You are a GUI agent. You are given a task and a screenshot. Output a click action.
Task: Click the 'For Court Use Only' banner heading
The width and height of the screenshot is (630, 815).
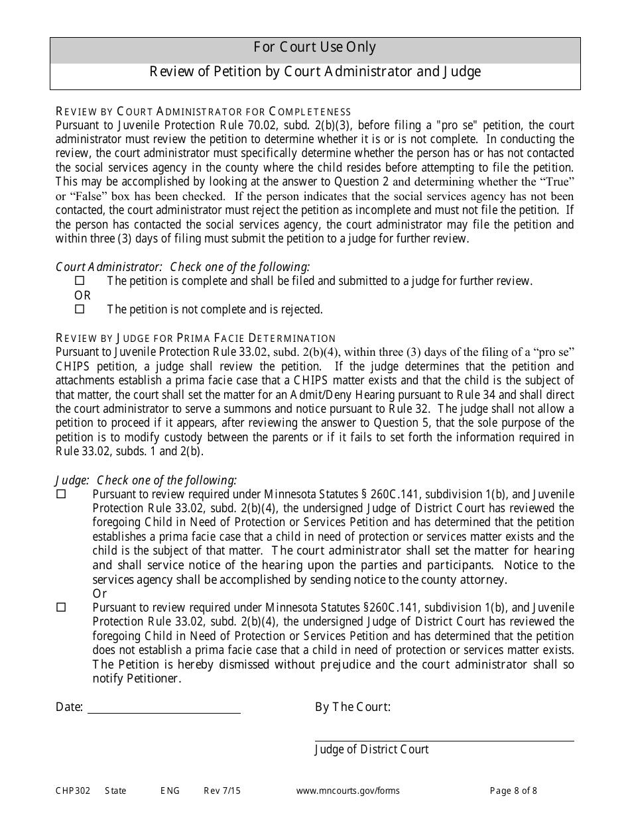click(x=315, y=48)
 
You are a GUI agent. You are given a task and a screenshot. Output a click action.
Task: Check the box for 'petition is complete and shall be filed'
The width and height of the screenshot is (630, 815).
click(x=80, y=281)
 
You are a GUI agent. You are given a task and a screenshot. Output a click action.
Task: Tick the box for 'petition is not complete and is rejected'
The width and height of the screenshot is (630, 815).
click(x=80, y=309)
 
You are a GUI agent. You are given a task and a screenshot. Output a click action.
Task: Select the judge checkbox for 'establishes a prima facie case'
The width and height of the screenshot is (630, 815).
click(x=62, y=494)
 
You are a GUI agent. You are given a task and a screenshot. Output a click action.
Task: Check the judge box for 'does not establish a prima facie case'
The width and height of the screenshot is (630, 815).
click(x=62, y=608)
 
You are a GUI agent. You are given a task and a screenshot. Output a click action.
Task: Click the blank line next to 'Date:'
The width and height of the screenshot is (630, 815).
click(x=164, y=709)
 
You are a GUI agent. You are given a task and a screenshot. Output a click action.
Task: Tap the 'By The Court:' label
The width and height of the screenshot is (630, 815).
click(x=352, y=707)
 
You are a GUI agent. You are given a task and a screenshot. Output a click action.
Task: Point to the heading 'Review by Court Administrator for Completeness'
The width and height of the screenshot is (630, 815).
click(x=203, y=111)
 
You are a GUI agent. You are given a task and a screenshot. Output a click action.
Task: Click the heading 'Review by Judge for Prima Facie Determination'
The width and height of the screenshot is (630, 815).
click(x=196, y=339)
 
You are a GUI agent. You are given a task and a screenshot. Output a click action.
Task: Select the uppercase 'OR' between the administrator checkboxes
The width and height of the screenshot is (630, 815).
click(x=82, y=296)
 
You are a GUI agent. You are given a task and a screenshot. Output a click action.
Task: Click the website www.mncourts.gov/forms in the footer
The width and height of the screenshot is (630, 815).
click(x=347, y=790)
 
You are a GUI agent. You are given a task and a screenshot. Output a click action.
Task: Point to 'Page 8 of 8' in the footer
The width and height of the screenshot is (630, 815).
click(x=513, y=790)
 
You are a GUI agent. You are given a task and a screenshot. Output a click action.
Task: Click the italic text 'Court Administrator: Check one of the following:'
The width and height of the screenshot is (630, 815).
click(x=182, y=267)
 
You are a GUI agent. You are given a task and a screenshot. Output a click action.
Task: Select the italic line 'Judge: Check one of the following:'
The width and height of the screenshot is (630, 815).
click(x=146, y=480)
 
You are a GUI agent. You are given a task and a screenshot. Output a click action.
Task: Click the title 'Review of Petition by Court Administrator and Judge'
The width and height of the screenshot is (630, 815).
click(x=315, y=72)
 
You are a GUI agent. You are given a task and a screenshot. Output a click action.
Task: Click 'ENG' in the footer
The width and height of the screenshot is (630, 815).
click(x=170, y=790)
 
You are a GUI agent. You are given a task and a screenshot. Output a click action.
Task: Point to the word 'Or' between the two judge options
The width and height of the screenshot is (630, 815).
click(x=99, y=594)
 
